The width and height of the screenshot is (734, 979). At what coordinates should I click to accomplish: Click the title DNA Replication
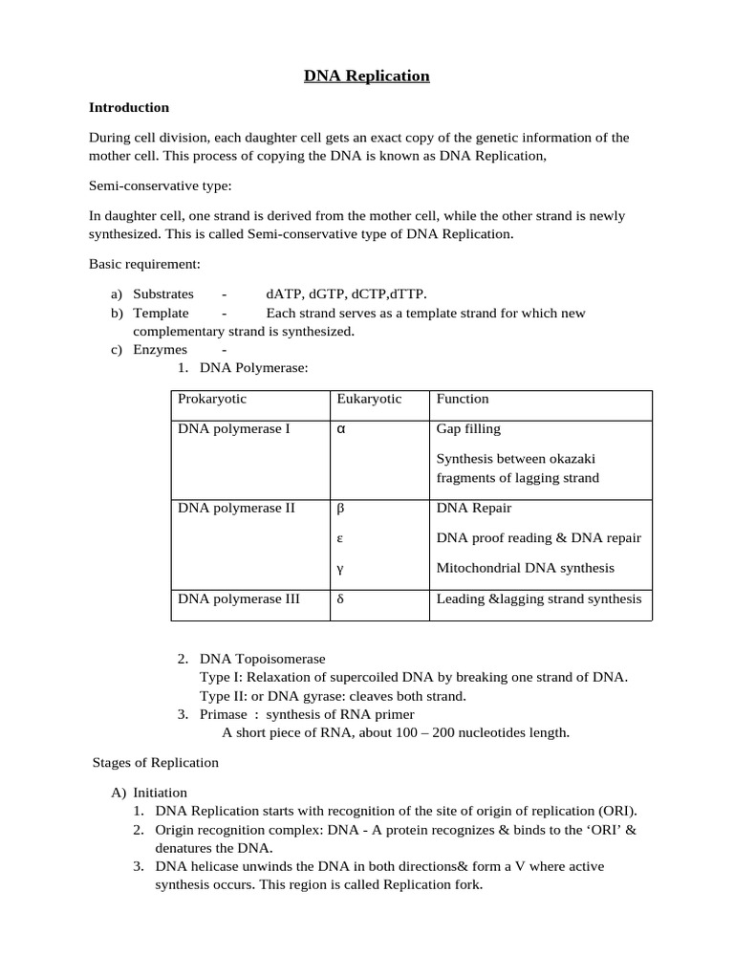click(367, 76)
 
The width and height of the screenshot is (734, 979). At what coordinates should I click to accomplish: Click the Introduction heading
click(129, 107)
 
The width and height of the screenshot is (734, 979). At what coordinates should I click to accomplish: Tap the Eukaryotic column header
click(369, 399)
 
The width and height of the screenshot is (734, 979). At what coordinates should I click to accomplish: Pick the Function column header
click(463, 399)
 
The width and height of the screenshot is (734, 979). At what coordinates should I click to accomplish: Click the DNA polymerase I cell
click(234, 429)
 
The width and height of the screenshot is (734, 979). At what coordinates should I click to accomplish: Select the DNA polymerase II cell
click(237, 508)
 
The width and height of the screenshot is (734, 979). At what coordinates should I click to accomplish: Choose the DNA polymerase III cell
click(239, 599)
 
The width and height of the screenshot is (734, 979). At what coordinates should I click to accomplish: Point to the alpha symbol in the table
click(340, 429)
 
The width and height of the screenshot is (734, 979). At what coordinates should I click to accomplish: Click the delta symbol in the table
click(340, 599)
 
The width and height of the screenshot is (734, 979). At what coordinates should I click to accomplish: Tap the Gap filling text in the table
click(468, 429)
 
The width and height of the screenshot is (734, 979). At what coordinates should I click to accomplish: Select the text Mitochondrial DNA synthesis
click(525, 568)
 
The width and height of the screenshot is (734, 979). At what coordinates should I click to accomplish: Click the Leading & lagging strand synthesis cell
click(539, 599)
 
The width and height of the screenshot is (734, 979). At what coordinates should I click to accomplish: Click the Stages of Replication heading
click(156, 762)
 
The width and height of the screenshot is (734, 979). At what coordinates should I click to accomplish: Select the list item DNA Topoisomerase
click(262, 659)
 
